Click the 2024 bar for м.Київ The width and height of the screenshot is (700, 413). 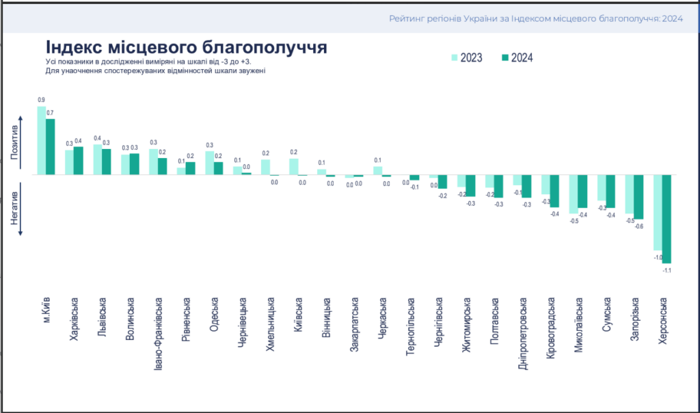(50, 147)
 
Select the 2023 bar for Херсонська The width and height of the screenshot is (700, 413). (658, 213)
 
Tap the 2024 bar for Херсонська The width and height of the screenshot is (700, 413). (667, 219)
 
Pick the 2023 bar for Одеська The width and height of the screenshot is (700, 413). (210, 163)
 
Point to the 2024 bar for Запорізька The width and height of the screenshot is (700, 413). (638, 197)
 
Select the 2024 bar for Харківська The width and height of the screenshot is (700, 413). (78, 161)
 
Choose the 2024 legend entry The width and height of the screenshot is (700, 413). (516, 57)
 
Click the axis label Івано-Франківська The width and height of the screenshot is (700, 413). (158, 332)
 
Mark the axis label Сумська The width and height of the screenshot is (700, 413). (606, 315)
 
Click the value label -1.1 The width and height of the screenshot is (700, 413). (667, 271)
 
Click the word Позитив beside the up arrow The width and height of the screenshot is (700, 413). (14, 144)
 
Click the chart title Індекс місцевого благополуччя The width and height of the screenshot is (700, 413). (186, 48)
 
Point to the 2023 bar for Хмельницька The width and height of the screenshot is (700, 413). (265, 167)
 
